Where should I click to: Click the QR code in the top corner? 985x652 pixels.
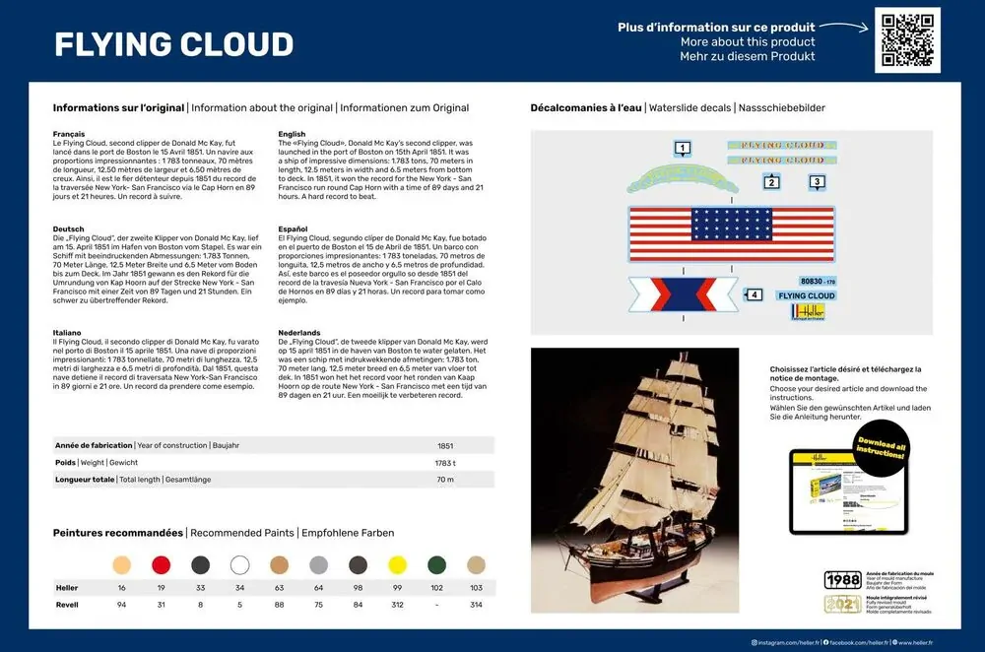pyautogui.click(x=907, y=40)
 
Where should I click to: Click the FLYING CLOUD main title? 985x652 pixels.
pyautogui.click(x=173, y=44)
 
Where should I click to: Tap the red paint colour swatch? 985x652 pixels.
pyautogui.click(x=161, y=565)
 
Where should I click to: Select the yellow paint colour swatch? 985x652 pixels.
pyautogui.click(x=397, y=565)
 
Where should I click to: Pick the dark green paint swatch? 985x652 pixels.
pyautogui.click(x=436, y=565)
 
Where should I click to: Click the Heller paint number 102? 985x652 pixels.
pyautogui.click(x=436, y=588)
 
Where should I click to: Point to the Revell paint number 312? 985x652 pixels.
pyautogui.click(x=397, y=605)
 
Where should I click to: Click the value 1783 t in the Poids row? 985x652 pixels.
pyautogui.click(x=444, y=462)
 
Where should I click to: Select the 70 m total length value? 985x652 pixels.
pyautogui.click(x=444, y=480)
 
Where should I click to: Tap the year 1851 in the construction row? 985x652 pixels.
pyautogui.click(x=444, y=445)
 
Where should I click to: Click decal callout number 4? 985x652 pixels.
pyautogui.click(x=755, y=293)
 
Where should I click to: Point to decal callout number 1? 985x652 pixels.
pyautogui.click(x=682, y=149)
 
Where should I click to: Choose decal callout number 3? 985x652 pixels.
pyautogui.click(x=817, y=181)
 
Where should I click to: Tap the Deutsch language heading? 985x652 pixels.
pyautogui.click(x=68, y=228)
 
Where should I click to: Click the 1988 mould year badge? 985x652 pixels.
pyautogui.click(x=842, y=579)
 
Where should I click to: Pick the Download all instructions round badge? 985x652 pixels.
pyautogui.click(x=880, y=448)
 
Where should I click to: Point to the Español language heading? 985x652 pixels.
pyautogui.click(x=295, y=228)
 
